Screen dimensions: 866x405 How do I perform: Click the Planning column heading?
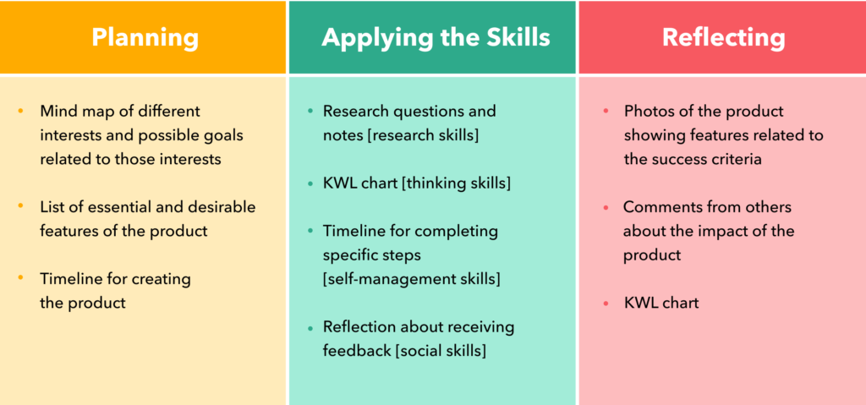145,37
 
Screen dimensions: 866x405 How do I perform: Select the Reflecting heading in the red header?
724,37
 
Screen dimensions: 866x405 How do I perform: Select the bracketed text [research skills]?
423,135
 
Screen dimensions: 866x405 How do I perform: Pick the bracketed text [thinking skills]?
456,183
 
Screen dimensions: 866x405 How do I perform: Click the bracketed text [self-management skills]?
412,279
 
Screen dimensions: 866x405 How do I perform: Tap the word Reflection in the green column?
359,327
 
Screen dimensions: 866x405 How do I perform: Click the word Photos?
647,112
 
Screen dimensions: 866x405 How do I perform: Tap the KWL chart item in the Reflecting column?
661,303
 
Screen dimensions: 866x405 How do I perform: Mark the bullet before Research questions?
310,112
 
